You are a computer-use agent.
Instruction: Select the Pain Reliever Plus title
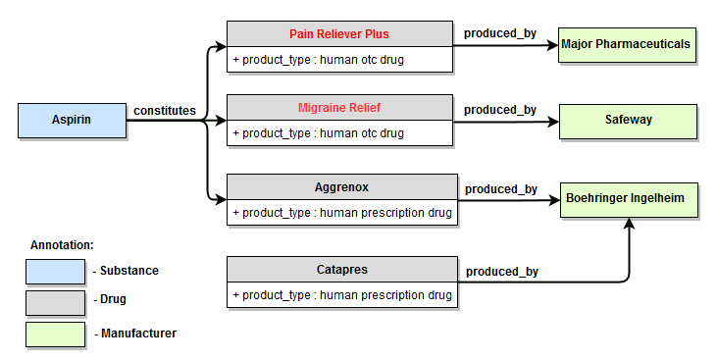[x=338, y=34]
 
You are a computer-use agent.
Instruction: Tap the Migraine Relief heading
[x=338, y=107]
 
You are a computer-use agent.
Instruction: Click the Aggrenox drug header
[x=341, y=185]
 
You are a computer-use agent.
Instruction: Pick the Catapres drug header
[x=341, y=268]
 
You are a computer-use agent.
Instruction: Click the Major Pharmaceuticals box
[x=627, y=44]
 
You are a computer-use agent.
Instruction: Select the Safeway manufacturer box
[x=627, y=120]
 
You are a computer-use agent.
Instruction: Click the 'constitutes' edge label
[x=164, y=111]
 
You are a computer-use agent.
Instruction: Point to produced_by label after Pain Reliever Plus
[x=500, y=33]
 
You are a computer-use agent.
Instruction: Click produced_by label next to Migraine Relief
[x=500, y=110]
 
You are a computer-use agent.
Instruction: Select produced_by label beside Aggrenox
[x=500, y=188]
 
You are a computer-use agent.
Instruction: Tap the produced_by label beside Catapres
[x=501, y=272]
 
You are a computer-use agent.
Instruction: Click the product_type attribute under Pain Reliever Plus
[x=318, y=60]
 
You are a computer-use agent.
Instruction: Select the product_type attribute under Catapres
[x=341, y=294]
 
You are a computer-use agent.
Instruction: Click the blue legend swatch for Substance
[x=55, y=271]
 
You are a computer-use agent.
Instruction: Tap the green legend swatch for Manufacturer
[x=55, y=334]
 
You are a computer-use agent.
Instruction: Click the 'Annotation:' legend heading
[x=62, y=244]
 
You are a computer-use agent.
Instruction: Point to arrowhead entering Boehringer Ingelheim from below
[x=628, y=224]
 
